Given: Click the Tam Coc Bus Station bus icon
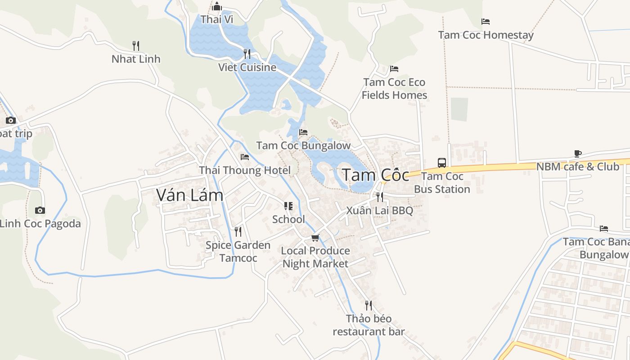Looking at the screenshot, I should (442, 162).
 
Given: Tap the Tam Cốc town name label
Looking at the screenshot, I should (376, 175).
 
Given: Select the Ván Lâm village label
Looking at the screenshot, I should (189, 195).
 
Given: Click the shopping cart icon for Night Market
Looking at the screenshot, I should (315, 238).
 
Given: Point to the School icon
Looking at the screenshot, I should (288, 206).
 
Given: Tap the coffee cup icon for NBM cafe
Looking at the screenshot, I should (578, 154).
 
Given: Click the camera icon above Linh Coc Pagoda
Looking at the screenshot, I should (40, 210).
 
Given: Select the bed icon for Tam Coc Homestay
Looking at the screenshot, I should (485, 22).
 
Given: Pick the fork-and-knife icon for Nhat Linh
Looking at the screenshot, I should (136, 45).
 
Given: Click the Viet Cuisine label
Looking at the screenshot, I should (247, 67).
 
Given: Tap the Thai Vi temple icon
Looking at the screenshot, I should (217, 6).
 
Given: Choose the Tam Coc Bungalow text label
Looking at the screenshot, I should (303, 146).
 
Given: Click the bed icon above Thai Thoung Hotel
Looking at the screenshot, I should (245, 157).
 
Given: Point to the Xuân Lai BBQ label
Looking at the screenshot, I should (379, 211).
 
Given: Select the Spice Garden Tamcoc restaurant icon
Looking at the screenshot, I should (238, 232).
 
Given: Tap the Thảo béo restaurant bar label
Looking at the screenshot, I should (369, 325).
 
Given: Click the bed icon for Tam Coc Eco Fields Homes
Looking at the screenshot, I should (394, 69).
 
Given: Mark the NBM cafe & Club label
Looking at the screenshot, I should (577, 167).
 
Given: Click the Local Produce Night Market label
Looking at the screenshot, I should (315, 257).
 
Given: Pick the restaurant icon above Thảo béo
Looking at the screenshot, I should (369, 306).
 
